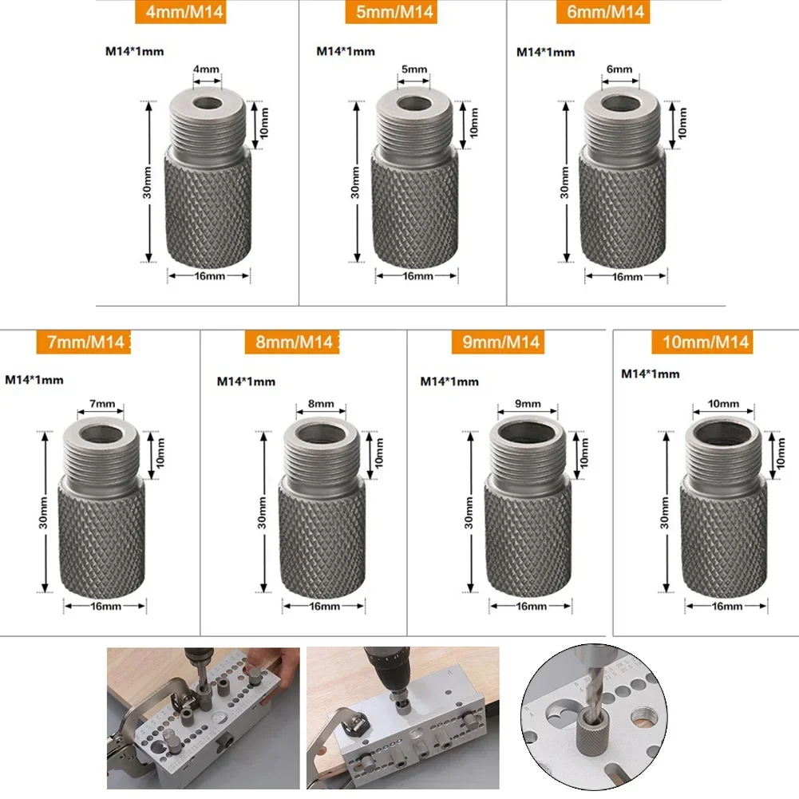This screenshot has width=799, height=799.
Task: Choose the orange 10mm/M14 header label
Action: click(x=706, y=342)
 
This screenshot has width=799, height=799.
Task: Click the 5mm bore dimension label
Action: click(x=413, y=70)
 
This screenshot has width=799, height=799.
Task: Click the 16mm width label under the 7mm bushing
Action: click(x=105, y=606)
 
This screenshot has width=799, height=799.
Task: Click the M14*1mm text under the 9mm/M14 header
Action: click(x=449, y=382)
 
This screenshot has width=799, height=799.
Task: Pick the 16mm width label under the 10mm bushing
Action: click(x=726, y=607)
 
